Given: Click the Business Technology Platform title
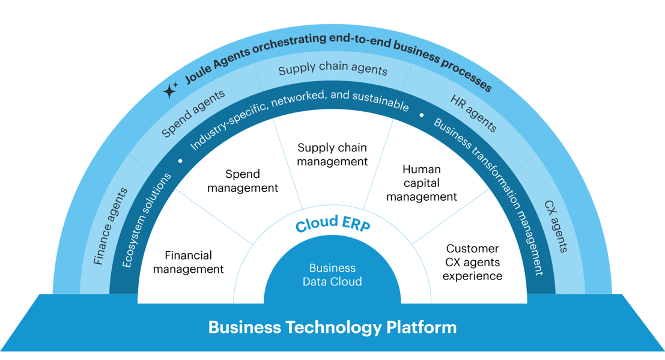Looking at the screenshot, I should [x=332, y=328].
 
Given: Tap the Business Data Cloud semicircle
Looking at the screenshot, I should [x=332, y=275].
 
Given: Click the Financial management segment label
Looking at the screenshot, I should [x=188, y=263].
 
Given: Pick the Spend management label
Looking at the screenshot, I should [x=243, y=181].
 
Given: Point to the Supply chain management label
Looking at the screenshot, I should [x=332, y=154].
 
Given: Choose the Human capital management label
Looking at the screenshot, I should [x=422, y=183].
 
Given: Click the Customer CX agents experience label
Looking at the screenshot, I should [x=472, y=262].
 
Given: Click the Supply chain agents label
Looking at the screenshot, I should [x=333, y=69].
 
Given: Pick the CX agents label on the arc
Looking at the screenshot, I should [x=556, y=226].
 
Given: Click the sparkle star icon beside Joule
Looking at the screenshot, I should [x=171, y=90].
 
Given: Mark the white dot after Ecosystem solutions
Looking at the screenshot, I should [x=180, y=161].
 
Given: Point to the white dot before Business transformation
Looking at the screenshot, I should [x=422, y=114].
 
